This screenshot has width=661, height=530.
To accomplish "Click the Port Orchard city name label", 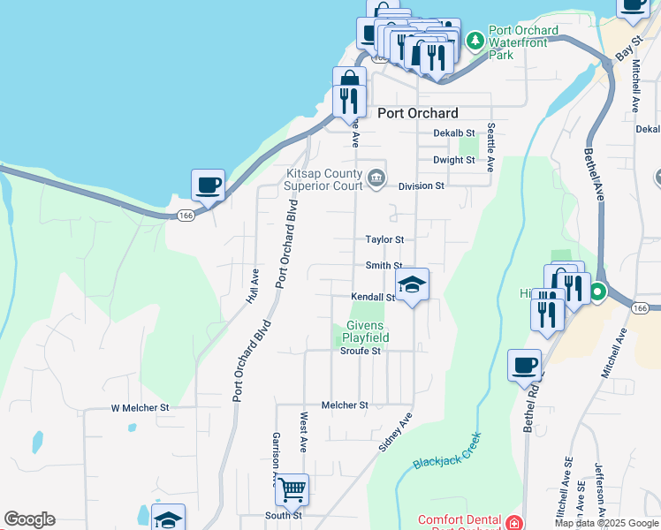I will click(417, 113).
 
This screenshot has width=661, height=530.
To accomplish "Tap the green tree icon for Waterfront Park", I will click(475, 40).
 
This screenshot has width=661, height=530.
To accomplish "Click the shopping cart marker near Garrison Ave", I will click(292, 488).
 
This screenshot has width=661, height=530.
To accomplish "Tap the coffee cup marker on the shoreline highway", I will click(208, 185).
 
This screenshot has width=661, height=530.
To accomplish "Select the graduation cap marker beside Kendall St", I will click(411, 285).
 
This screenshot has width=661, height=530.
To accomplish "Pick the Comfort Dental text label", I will click(459, 521).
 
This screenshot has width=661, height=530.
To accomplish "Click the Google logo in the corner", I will click(29, 519).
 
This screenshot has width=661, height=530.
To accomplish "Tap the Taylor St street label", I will click(384, 239).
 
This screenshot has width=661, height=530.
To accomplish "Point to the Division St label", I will click(421, 186).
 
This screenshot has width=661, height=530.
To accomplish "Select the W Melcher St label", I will click(140, 408).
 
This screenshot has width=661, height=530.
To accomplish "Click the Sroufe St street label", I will click(360, 351).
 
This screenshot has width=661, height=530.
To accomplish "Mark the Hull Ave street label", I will click(252, 286).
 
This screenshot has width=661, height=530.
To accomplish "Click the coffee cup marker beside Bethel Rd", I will click(524, 364).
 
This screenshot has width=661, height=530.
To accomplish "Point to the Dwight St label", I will click(453, 160).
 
